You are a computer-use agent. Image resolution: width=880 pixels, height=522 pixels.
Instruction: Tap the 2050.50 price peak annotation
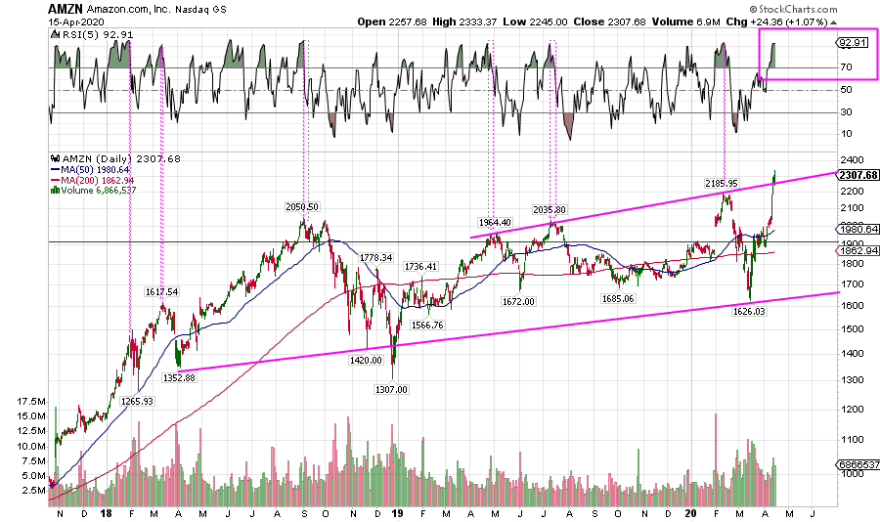(301, 206)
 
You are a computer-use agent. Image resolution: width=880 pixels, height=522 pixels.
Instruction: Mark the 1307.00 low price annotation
(392, 388)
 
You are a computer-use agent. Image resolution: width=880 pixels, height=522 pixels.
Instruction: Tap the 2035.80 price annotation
(550, 209)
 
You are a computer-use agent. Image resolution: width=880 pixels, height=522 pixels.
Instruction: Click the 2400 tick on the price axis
(851, 159)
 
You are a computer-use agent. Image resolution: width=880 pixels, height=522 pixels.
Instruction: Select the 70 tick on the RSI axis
(847, 66)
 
